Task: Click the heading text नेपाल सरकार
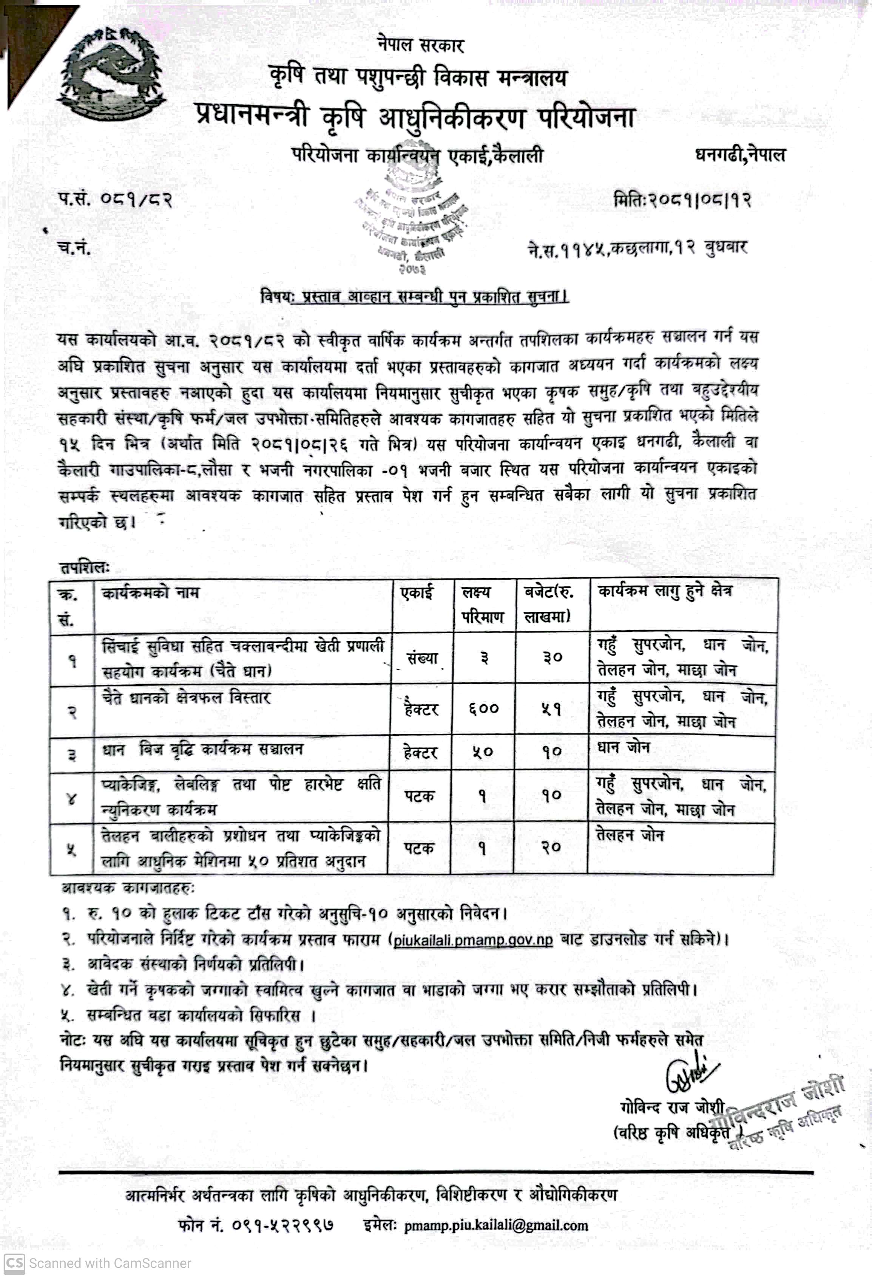coord(420,45)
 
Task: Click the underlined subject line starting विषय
coord(415,297)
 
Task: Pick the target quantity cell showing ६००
coord(483,709)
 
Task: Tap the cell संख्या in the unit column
coord(421,659)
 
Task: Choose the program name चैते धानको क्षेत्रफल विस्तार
coord(186,698)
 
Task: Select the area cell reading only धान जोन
coord(624,748)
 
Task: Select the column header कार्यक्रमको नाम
coord(150,593)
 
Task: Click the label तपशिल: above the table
coord(84,568)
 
